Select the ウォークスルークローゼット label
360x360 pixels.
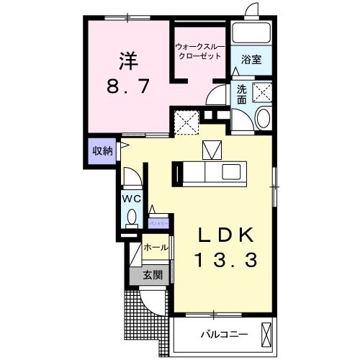[200, 52]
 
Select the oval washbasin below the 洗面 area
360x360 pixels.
[262, 119]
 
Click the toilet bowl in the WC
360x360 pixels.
[131, 216]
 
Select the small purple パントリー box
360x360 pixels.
[159, 223]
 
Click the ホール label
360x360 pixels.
[156, 248]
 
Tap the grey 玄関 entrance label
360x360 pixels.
[151, 274]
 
